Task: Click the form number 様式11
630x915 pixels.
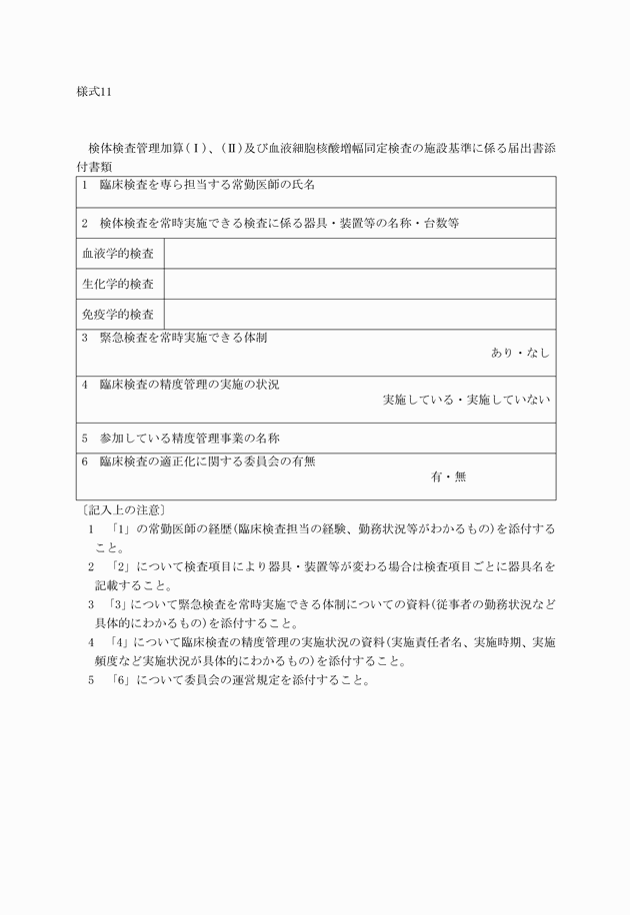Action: (x=95, y=91)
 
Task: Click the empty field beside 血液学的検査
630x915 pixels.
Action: (x=359, y=254)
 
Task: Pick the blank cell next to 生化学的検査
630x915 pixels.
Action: (x=359, y=285)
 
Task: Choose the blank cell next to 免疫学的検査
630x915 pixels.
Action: (x=359, y=315)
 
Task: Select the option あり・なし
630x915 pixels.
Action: (x=520, y=353)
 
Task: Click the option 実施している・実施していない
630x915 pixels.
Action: (x=466, y=400)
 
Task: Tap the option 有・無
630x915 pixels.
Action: (x=448, y=476)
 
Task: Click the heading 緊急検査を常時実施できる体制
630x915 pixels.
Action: (x=182, y=338)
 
